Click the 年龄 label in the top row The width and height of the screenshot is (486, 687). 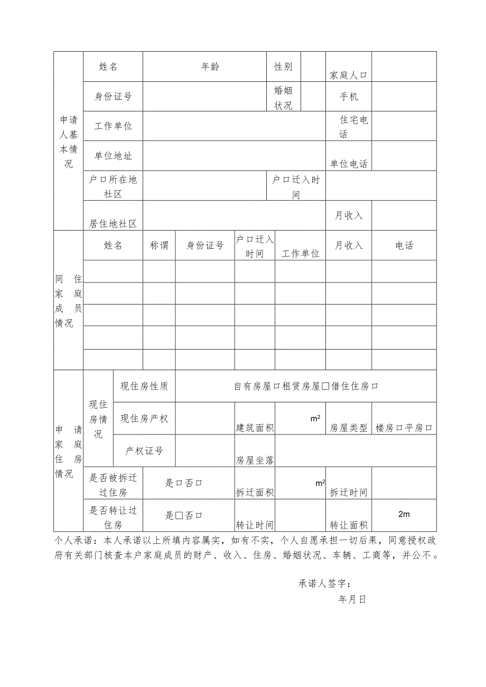point(210,67)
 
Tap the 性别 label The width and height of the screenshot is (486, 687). point(283,67)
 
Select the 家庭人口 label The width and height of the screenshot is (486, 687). point(349,75)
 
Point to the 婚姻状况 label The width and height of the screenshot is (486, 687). point(283,98)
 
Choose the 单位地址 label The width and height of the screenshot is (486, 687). point(113,156)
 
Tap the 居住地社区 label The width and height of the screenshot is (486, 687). point(113,224)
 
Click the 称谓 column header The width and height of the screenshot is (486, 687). point(159,246)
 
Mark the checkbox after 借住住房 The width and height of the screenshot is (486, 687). point(375,387)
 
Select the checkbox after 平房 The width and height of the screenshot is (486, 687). point(429,428)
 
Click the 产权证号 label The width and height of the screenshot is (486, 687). point(144,451)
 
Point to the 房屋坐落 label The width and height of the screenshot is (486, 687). point(255,460)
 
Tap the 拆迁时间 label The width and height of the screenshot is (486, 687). point(349,493)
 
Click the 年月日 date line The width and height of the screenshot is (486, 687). point(353,599)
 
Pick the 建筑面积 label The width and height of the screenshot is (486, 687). point(255,428)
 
